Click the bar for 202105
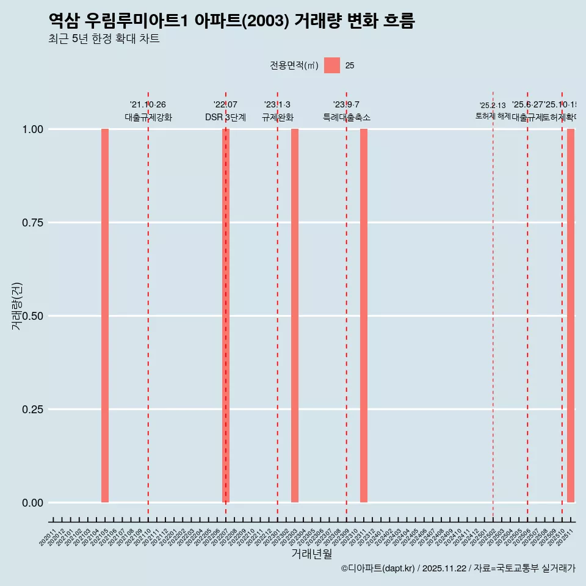pos(105,316)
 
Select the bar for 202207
pos(226,316)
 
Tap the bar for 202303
pos(295,316)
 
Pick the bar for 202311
pos(364,316)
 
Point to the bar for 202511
pos(571,316)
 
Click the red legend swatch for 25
pos(332,65)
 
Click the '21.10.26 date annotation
pos(148,105)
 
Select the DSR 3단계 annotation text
pos(225,118)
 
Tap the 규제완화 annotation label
pos(278,118)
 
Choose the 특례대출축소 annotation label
pos(347,118)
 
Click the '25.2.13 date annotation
pos(493,106)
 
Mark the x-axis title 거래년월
pos(311,554)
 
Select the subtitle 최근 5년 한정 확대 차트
pos(104,39)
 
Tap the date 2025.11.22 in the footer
pos(444,569)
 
